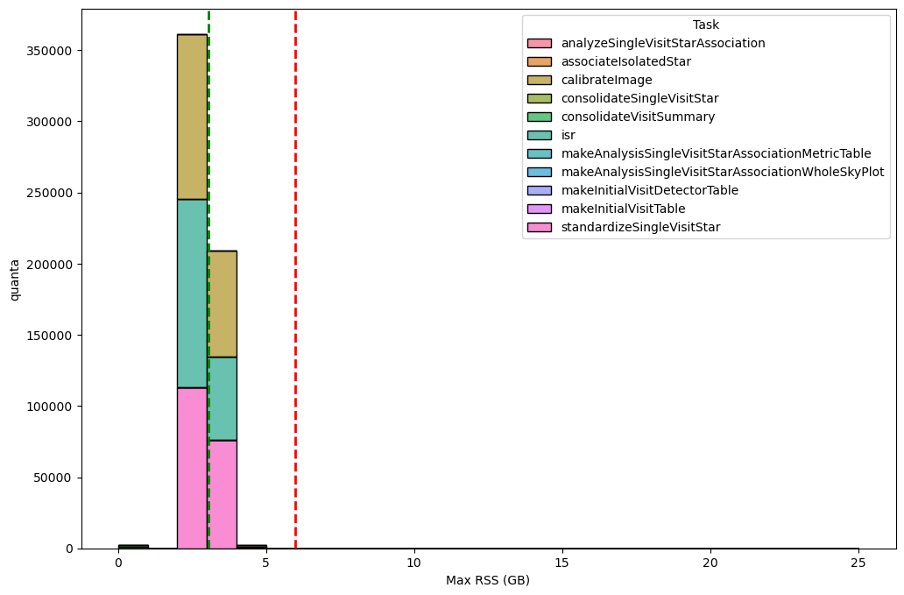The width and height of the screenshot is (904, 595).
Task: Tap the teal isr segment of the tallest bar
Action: pos(192,294)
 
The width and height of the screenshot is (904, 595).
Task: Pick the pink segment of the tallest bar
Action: pos(192,468)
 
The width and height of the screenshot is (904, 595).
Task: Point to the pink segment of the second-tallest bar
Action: pos(222,494)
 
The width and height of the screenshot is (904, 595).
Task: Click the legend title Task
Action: pos(705,25)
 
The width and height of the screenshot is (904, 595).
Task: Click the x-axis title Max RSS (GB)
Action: pos(488,580)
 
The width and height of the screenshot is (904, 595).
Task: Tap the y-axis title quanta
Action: pos(14,280)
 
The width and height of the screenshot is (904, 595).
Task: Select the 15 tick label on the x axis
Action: pos(562,563)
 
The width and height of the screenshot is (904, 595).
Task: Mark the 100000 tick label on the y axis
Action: pos(50,407)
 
